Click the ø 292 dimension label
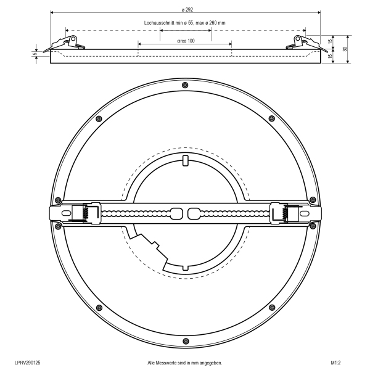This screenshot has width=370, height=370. click(187, 9)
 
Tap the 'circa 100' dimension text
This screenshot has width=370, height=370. click(186, 41)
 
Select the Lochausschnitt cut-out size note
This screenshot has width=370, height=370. click(184, 23)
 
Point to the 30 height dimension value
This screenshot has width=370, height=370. click(345, 49)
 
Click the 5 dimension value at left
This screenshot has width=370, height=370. click(35, 54)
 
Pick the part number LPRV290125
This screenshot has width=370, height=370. click(27, 363)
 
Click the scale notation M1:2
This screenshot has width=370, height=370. click(336, 363)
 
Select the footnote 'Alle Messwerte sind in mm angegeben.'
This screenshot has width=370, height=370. click(185, 363)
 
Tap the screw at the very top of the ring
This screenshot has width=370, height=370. click(186, 85)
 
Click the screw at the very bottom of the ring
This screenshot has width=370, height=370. click(186, 341)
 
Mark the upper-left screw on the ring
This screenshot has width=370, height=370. click(99, 119)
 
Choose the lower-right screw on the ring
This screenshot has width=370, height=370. click(272, 308)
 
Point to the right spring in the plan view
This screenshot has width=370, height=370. click(286, 213)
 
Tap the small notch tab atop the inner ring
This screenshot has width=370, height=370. click(186, 160)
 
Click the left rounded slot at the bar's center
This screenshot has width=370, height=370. click(176, 213)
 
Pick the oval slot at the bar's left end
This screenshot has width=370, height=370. click(66, 213)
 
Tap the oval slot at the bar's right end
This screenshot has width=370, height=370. click(305, 213)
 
